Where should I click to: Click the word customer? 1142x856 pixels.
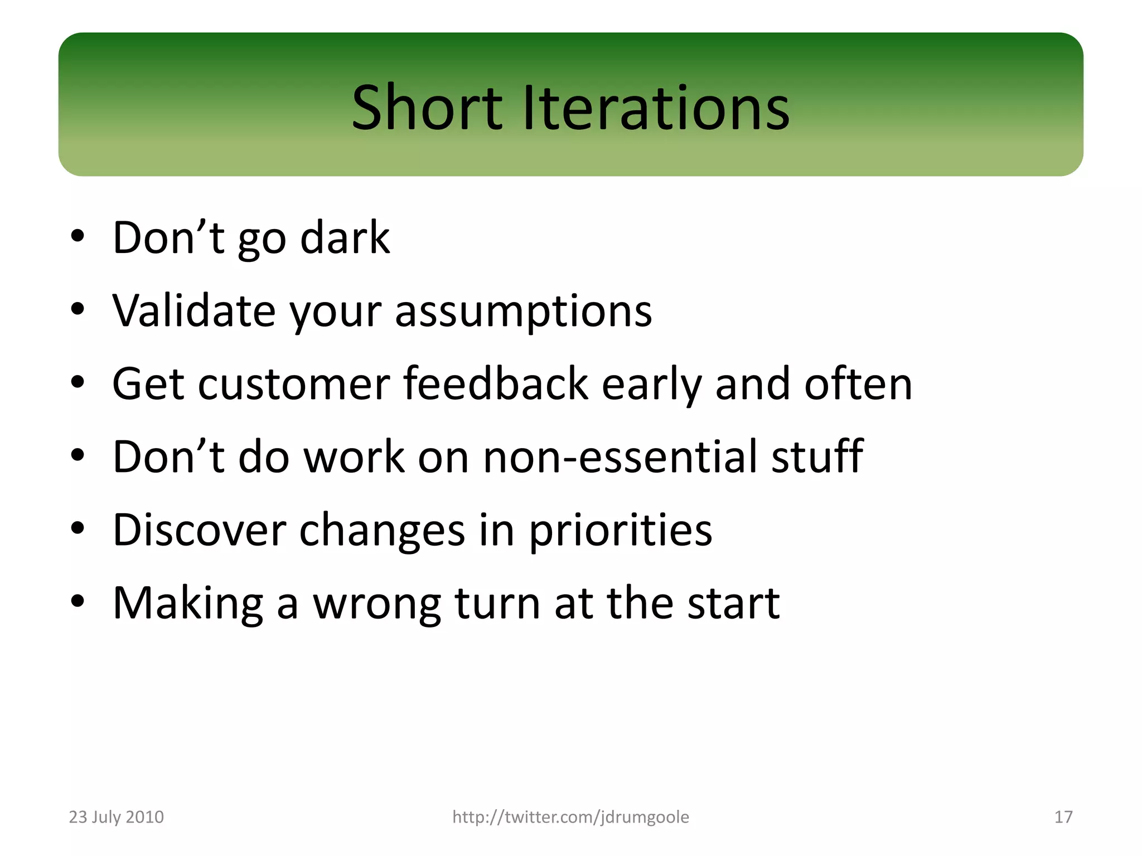point(294,384)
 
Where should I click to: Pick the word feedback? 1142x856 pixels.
point(496,384)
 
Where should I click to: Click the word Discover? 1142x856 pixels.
point(199,530)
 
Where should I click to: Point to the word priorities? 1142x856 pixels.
point(620,530)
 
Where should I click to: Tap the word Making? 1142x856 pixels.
point(187,604)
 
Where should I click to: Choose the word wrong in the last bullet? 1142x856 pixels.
point(376,604)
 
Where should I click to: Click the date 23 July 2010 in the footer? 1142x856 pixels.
point(116,817)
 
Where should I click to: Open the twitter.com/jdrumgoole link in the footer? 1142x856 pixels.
point(570,817)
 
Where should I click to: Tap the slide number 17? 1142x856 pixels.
point(1063,817)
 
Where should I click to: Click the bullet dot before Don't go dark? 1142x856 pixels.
point(78,236)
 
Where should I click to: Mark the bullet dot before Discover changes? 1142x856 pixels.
point(78,528)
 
